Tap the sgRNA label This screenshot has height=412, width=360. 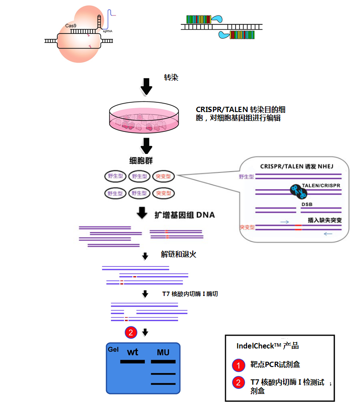[x=107, y=32]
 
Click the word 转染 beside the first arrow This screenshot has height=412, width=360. [x=171, y=78]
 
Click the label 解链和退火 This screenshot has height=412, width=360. [x=178, y=255]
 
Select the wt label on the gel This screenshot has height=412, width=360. [x=132, y=352]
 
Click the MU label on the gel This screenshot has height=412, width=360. [x=163, y=352]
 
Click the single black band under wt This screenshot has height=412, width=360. [x=132, y=362]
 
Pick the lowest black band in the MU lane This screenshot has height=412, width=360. [x=163, y=384]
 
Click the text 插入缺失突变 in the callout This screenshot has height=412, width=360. [x=324, y=219]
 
